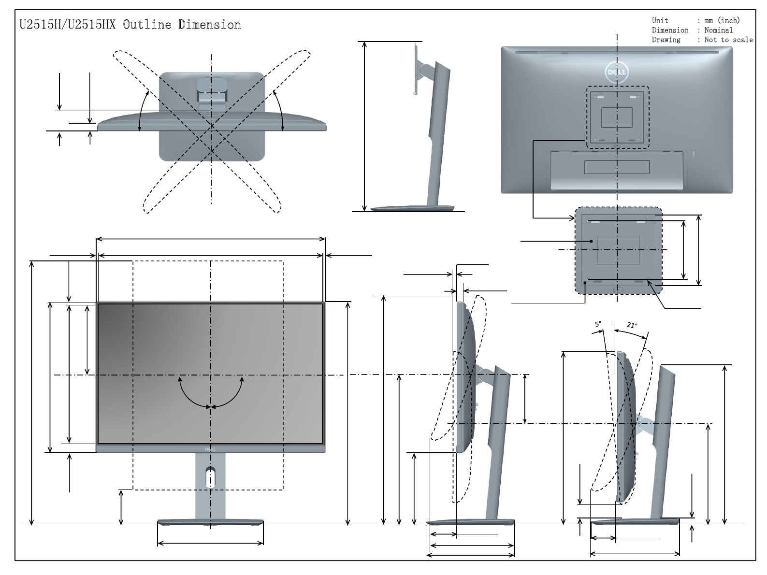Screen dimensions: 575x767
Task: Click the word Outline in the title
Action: click(147, 25)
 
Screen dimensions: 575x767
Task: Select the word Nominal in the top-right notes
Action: click(718, 30)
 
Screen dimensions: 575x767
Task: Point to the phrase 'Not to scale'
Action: click(728, 40)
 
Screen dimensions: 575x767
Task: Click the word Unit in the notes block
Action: click(660, 20)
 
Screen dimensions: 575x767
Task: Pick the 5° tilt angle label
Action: click(598, 324)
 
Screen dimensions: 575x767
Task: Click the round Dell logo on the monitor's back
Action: click(617, 72)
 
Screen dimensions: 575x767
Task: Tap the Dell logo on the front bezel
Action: click(210, 448)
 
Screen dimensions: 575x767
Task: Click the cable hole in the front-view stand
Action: click(211, 477)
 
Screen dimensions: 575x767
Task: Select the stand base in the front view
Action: click(211, 522)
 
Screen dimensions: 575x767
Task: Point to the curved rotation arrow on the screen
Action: click(211, 394)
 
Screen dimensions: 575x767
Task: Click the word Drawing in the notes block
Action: click(666, 40)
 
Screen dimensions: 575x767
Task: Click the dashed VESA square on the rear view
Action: click(617, 117)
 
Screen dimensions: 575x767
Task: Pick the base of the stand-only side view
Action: click(413, 209)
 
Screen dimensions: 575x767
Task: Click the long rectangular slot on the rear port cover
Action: click(617, 167)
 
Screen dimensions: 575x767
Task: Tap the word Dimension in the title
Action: click(209, 25)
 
